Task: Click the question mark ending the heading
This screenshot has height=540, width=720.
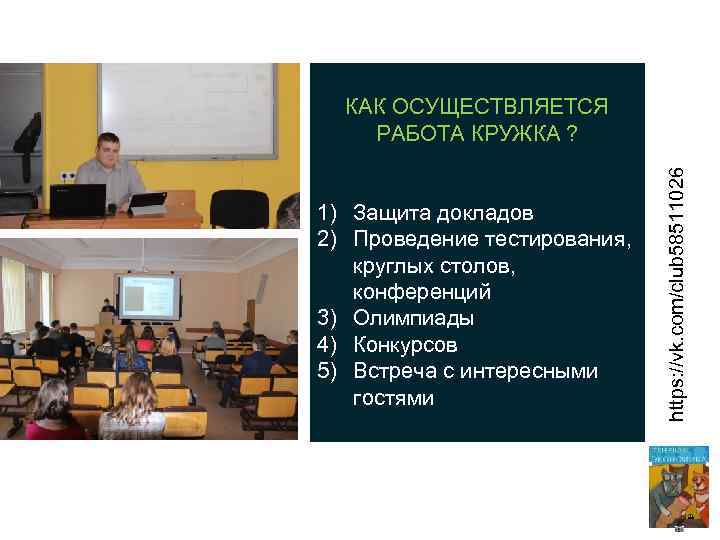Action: (570, 134)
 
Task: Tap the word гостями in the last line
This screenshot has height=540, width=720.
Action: (393, 398)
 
